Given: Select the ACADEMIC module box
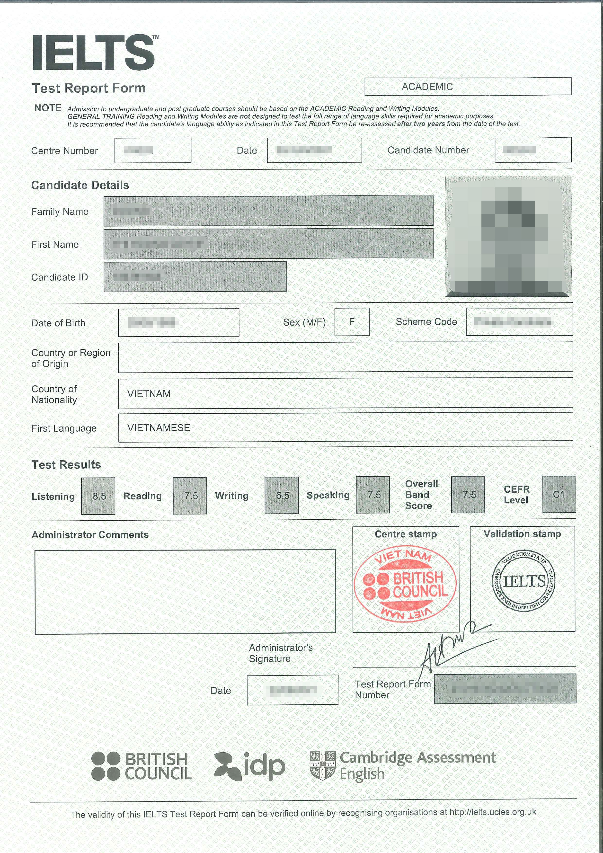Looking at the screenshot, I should tap(468, 87).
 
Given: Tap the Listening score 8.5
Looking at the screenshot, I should tap(98, 496).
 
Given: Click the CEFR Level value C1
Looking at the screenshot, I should tap(559, 495).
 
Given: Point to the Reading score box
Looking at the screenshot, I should tap(190, 496).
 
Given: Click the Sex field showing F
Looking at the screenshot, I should tap(352, 322).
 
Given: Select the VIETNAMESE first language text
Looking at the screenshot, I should tap(159, 428).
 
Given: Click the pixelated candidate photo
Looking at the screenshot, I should tap(508, 236).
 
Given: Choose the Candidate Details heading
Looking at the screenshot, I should tap(80, 185).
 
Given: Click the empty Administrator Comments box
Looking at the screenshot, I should tap(185, 591).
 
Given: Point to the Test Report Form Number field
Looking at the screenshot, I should tap(505, 689).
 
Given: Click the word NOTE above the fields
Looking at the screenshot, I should tap(48, 108).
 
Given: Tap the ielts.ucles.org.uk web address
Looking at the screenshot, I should tap(492, 812).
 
